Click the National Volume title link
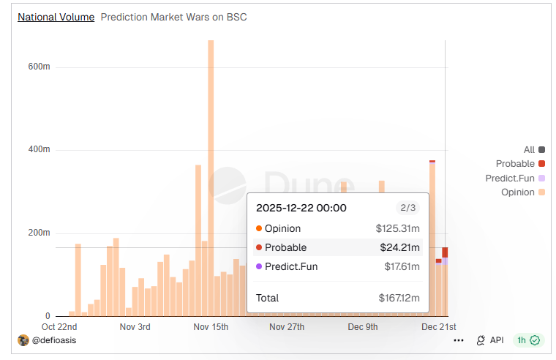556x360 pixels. click(x=56, y=17)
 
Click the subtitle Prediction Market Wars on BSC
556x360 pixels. click(x=173, y=17)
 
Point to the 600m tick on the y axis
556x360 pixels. click(x=39, y=67)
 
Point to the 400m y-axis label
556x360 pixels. click(x=39, y=149)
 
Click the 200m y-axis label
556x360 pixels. click(x=39, y=233)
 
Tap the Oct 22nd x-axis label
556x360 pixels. click(x=59, y=327)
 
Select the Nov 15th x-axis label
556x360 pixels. click(x=211, y=327)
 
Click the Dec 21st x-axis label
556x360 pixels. click(x=440, y=327)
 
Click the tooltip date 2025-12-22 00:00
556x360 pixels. click(x=301, y=208)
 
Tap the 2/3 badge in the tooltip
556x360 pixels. click(x=407, y=208)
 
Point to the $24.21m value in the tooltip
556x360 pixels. click(x=399, y=247)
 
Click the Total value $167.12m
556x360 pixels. click(x=399, y=298)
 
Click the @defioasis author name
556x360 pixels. click(x=54, y=340)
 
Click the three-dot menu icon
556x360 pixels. click(x=459, y=340)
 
